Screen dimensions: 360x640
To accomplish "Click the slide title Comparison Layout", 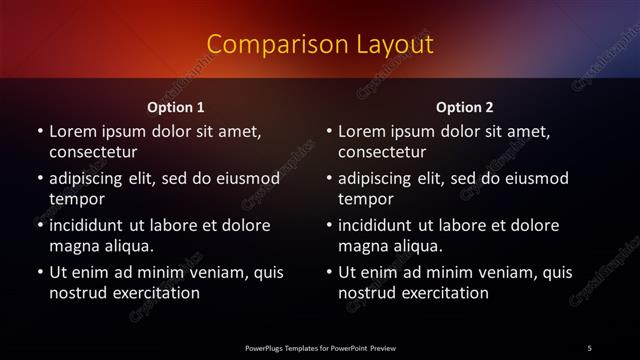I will pos(319,45).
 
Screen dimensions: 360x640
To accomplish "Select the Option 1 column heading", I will pos(176,108).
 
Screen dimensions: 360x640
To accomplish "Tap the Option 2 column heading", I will pos(465,108).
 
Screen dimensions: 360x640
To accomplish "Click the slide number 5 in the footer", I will pos(590,347).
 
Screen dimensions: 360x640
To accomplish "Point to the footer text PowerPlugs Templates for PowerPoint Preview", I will pos(320,347).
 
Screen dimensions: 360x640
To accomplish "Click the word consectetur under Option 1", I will pos(93,153).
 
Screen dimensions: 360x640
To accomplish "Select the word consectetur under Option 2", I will pos(382,153).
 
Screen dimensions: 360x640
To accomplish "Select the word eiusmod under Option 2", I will pos(535,179).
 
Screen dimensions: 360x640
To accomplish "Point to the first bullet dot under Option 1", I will pos(40,131).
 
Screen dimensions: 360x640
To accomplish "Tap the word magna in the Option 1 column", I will pos(72,246).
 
